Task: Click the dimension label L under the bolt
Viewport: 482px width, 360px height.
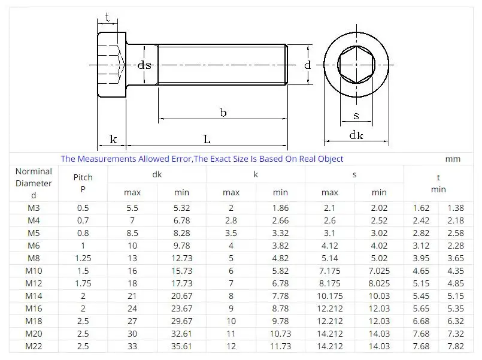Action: (207, 139)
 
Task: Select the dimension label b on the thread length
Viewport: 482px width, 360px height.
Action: (223, 113)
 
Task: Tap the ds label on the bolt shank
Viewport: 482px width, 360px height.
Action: (144, 65)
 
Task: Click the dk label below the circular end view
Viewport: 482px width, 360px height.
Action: (356, 136)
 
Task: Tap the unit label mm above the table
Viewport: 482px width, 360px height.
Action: (453, 159)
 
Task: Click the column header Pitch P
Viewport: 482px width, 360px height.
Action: (83, 183)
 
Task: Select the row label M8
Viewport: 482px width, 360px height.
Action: (34, 258)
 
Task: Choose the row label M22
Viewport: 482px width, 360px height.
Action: (34, 346)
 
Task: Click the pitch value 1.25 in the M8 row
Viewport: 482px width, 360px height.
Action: (83, 258)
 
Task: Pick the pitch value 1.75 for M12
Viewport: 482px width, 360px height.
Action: (83, 283)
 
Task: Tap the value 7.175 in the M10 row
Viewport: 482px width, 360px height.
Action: (329, 270)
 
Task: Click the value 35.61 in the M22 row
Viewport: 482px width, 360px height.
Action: (181, 346)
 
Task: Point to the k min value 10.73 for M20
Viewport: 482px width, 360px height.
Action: (280, 333)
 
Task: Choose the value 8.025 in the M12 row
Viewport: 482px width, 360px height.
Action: (379, 283)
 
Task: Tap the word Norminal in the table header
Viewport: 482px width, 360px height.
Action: (34, 172)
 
